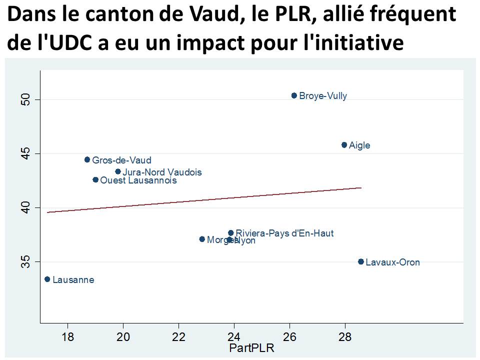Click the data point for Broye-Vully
pyautogui.click(x=294, y=95)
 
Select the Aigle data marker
pyautogui.click(x=344, y=145)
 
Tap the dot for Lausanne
pyautogui.click(x=47, y=279)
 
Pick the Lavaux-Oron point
pyautogui.click(x=361, y=261)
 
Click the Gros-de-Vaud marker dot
pyautogui.click(x=87, y=159)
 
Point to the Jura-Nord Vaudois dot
pyautogui.click(x=118, y=171)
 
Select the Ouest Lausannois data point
pyautogui.click(x=95, y=179)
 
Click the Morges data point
pyautogui.click(x=202, y=239)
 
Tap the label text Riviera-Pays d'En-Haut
pyautogui.click(x=284, y=233)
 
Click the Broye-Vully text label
pyautogui.click(x=323, y=96)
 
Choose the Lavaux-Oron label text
pyautogui.click(x=392, y=262)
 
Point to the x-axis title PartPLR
pyautogui.click(x=251, y=348)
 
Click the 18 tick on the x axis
pyautogui.click(x=67, y=336)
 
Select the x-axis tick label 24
pyautogui.click(x=234, y=336)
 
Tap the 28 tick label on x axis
pyautogui.click(x=345, y=336)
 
